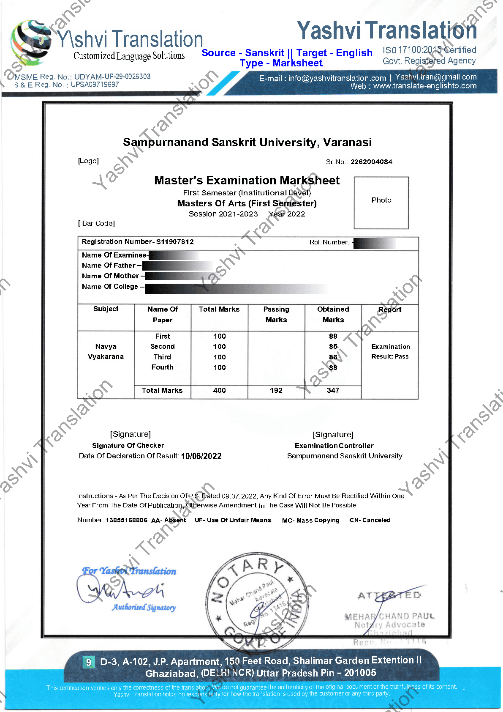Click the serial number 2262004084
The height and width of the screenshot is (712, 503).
point(371,162)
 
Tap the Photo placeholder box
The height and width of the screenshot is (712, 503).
point(381,203)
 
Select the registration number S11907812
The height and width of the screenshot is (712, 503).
point(175,242)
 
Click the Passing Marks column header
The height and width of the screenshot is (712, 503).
point(276,315)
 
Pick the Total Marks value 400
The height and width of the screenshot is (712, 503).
point(219,391)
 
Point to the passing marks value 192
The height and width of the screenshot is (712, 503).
point(276,391)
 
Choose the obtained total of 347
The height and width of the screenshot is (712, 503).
point(333,391)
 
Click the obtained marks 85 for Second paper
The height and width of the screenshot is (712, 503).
point(333,347)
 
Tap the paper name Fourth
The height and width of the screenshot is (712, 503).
point(163,367)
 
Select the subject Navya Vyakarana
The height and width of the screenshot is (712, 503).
point(106,352)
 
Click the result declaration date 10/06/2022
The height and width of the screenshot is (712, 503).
point(201,456)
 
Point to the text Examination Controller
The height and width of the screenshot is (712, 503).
point(334,446)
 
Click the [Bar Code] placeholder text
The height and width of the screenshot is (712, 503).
point(96,223)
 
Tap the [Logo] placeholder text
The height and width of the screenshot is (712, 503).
point(88,161)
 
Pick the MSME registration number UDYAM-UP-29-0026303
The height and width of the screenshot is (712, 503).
point(112,77)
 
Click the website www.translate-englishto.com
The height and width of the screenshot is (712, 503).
point(424,86)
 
